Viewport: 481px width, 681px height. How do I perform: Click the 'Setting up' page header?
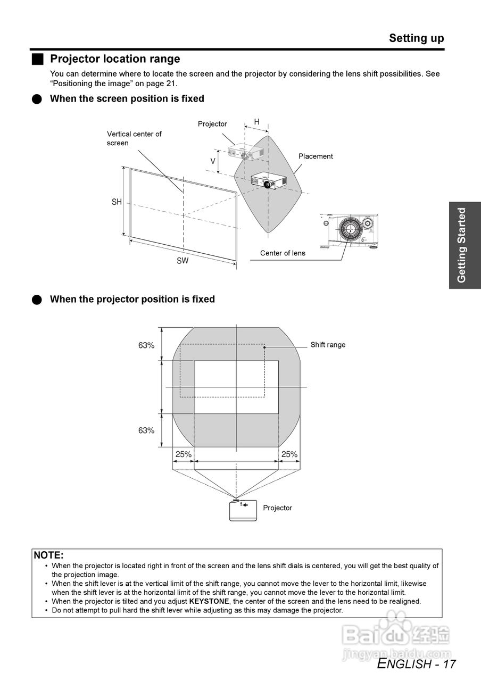pos(416,38)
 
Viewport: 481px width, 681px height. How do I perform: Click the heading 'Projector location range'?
pos(115,59)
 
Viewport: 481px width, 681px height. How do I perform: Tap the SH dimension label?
pos(117,202)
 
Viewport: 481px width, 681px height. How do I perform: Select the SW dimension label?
pos(183,261)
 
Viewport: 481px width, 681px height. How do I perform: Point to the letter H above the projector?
pos(256,122)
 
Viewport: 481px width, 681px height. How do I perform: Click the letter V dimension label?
pos(213,161)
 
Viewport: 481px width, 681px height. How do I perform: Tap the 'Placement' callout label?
pos(316,156)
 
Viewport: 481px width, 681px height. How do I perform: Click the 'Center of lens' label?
pos(283,253)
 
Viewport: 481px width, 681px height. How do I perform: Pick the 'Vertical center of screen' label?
pos(134,138)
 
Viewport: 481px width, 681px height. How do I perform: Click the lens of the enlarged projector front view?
pos(350,230)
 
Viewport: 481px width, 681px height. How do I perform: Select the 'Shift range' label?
pos(328,345)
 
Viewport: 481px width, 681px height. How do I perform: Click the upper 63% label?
pos(146,345)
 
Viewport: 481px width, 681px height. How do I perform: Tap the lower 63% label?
pos(146,430)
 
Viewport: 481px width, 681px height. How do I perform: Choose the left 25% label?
pos(183,454)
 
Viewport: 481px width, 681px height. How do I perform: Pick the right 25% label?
pos(289,454)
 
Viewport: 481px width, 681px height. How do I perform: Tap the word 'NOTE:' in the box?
pos(48,555)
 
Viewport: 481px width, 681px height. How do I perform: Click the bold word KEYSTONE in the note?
pos(209,601)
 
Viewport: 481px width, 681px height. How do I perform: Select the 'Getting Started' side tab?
pos(462,245)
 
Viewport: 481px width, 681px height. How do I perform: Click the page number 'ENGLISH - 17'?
pos(416,664)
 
